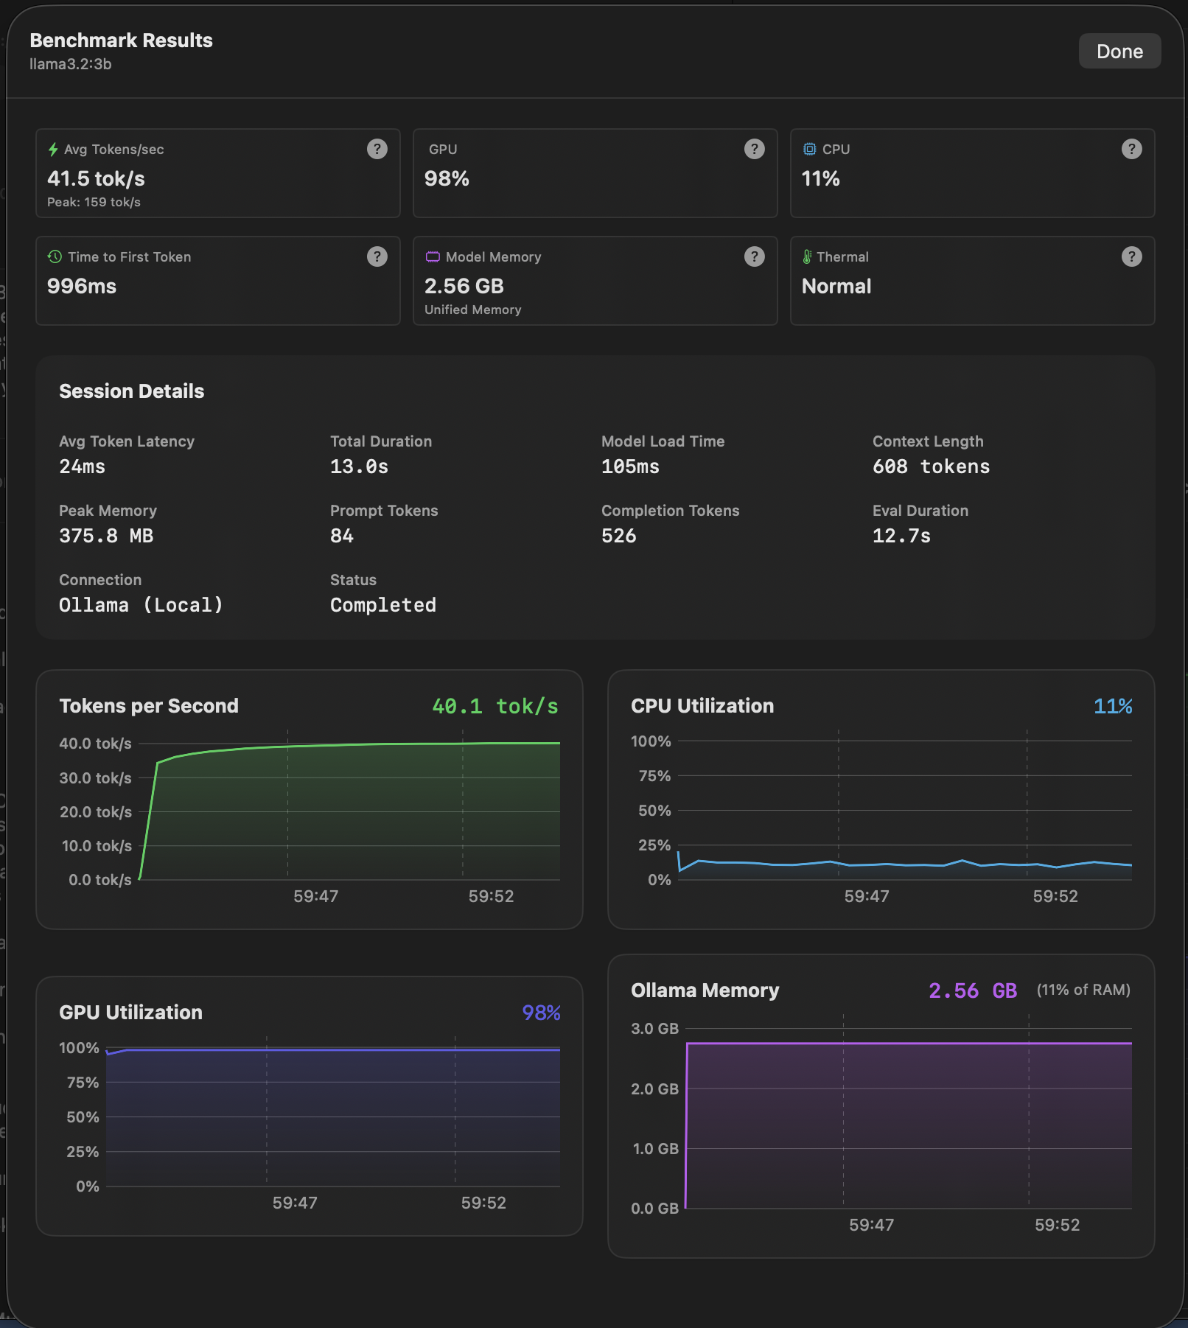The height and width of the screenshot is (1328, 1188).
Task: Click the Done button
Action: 1119,52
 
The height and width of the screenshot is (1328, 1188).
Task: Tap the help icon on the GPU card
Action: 754,149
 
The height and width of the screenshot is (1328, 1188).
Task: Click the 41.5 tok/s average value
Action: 96,179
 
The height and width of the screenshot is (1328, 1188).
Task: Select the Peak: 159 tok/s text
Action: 94,202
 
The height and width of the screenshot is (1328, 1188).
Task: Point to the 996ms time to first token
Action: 82,287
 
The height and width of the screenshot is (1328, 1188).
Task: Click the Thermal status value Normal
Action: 836,287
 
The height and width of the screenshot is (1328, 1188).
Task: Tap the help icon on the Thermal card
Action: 1131,256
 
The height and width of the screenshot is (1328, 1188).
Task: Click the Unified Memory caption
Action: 472,310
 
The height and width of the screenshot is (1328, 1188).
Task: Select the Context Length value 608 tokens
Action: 931,467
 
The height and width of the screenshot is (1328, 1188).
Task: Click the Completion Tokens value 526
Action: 618,537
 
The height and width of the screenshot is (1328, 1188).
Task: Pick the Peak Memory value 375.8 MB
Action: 106,537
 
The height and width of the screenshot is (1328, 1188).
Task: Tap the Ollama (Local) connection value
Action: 140,606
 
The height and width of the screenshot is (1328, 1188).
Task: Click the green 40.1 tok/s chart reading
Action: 495,707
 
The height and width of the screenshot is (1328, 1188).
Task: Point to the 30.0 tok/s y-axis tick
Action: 95,778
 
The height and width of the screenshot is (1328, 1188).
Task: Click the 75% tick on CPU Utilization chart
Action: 654,776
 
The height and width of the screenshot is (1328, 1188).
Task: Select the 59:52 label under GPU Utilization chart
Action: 483,1203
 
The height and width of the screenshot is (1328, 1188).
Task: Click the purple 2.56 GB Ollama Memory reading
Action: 972,991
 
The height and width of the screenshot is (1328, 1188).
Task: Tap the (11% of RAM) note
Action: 1083,990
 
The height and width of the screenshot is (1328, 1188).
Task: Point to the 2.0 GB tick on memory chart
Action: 654,1089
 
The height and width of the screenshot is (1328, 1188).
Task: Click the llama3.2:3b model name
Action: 71,64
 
